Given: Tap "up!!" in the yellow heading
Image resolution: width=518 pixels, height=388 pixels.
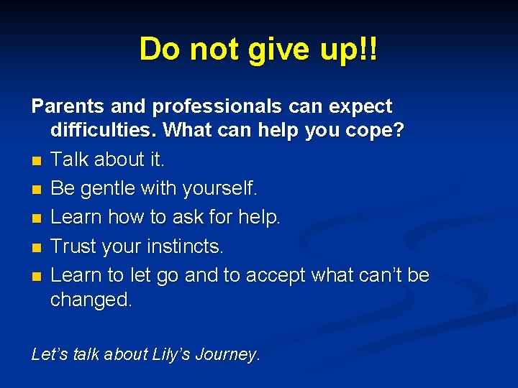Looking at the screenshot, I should pyautogui.click(x=353, y=50).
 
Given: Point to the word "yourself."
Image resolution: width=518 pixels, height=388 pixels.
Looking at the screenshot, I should pyautogui.click(x=219, y=189).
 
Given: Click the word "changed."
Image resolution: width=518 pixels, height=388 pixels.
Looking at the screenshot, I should pyautogui.click(x=91, y=300).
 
